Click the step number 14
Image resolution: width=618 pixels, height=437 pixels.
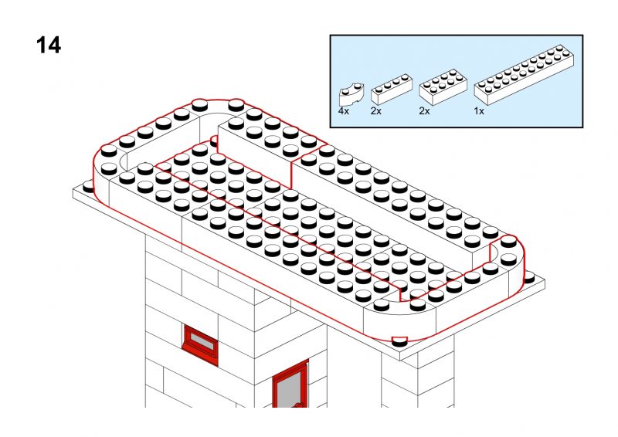tap(49, 45)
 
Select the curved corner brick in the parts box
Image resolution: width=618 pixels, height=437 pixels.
tap(351, 94)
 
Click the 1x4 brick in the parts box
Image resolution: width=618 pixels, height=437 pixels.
tap(392, 90)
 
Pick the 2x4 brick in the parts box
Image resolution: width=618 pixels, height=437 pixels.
tap(443, 87)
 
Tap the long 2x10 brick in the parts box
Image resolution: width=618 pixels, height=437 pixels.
tap(524, 75)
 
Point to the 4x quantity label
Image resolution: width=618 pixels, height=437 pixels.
tap(344, 111)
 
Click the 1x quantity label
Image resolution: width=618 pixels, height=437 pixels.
tap(479, 111)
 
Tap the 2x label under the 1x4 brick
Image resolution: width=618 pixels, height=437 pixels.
tap(376, 111)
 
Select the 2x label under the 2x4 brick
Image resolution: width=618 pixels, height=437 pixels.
tap(424, 111)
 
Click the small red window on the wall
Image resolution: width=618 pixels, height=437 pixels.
tap(200, 344)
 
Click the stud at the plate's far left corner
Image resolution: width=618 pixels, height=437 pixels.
tap(89, 185)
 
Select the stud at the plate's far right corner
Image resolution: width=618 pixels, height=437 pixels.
tap(529, 276)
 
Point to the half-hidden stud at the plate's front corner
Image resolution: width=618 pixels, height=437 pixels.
tap(399, 341)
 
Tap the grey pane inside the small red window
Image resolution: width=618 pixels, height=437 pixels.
tap(202, 341)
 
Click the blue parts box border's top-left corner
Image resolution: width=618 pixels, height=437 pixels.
tap(331, 35)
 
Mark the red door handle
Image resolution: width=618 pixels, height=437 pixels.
tap(301, 405)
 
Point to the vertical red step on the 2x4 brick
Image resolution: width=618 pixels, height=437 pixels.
tap(291, 174)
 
